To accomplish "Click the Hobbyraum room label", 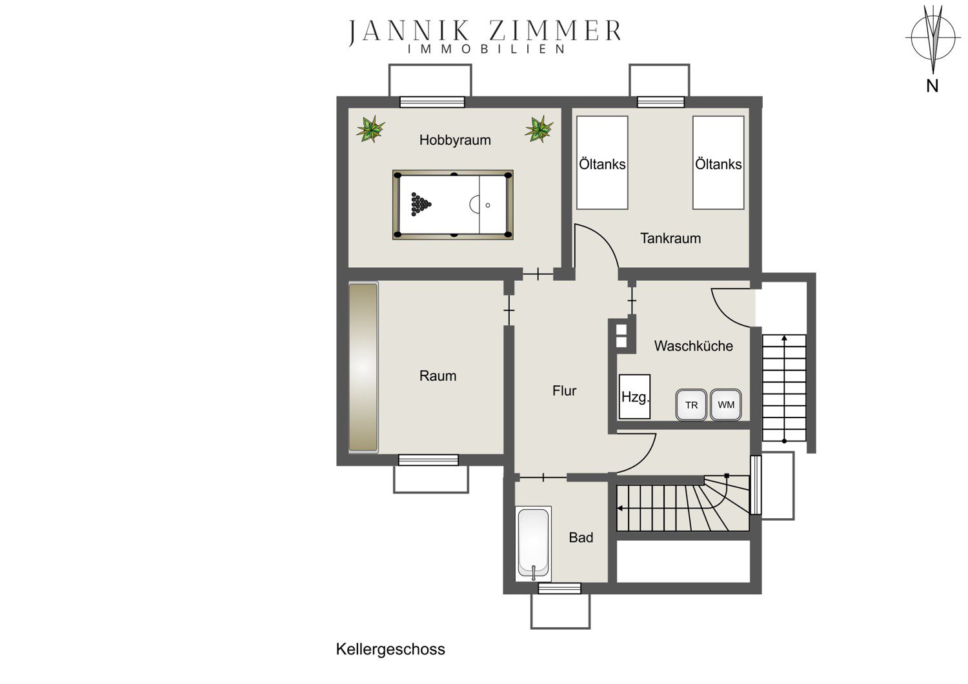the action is pyautogui.click(x=455, y=140).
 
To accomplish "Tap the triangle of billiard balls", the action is pyautogui.click(x=421, y=204).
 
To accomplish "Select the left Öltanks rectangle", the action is pyautogui.click(x=602, y=163).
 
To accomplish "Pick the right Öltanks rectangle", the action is pyautogui.click(x=718, y=163).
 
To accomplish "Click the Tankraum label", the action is pyautogui.click(x=671, y=238).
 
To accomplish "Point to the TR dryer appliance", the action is pyautogui.click(x=691, y=405).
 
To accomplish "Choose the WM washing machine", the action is pyautogui.click(x=726, y=405).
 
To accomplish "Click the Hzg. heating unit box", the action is pyautogui.click(x=634, y=397).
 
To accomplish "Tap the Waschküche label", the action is pyautogui.click(x=694, y=346).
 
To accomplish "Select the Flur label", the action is pyautogui.click(x=565, y=390).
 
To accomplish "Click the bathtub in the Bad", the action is pyautogui.click(x=534, y=544).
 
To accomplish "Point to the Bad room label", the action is pyautogui.click(x=581, y=538).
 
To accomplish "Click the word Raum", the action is pyautogui.click(x=438, y=376).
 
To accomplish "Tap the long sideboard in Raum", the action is pyautogui.click(x=363, y=368).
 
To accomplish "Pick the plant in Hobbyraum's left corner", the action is pyautogui.click(x=370, y=129).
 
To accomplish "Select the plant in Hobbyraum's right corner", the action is pyautogui.click(x=539, y=129).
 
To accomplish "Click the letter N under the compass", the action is pyautogui.click(x=932, y=86).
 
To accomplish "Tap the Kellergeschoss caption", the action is pyautogui.click(x=390, y=649).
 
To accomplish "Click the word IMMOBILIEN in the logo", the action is pyautogui.click(x=487, y=49).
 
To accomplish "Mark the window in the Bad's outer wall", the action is pyautogui.click(x=560, y=588).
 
